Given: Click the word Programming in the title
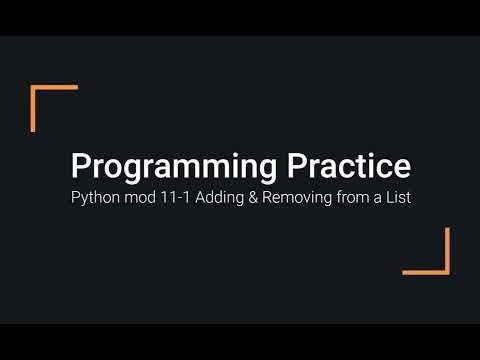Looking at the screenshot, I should [162, 166].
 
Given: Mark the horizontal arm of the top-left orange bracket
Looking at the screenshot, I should [55, 89].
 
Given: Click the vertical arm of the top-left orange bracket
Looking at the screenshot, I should [34, 108].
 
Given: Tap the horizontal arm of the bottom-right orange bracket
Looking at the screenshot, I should [426, 270].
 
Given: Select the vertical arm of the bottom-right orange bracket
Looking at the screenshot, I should [446, 250].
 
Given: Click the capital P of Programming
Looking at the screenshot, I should [78, 166].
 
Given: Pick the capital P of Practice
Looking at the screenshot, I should [295, 166].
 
